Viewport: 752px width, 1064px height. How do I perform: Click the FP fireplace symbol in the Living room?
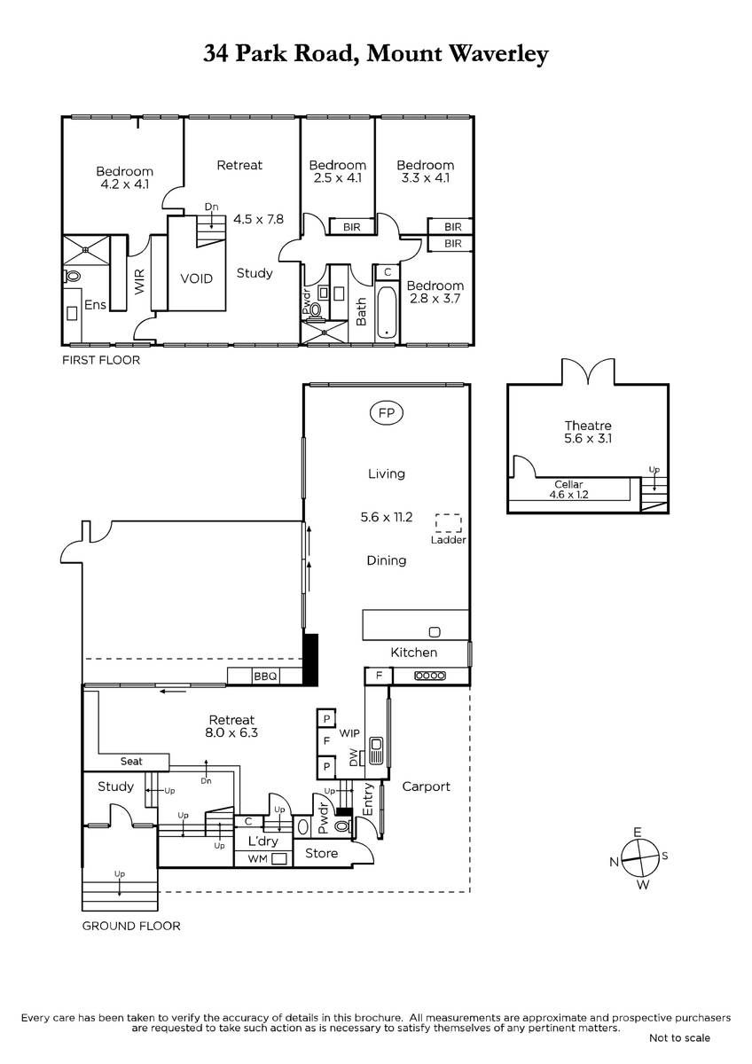pos(387,413)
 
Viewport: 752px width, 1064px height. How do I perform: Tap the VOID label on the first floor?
pos(196,278)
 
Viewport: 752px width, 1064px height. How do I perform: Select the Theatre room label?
pos(588,426)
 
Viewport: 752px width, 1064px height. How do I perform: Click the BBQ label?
pos(265,676)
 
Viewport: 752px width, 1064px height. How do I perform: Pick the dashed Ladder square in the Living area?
pos(449,523)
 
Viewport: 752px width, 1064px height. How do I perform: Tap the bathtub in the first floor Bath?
pos(387,312)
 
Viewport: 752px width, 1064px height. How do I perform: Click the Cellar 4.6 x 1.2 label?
pos(568,489)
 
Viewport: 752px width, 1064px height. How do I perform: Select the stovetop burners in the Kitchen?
pos(430,676)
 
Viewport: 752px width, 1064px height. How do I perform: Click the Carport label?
pos(426,786)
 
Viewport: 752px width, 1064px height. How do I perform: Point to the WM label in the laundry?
pos(258,859)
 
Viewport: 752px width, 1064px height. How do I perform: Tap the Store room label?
pos(321,853)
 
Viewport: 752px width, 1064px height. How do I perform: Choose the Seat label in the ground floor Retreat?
pos(131,762)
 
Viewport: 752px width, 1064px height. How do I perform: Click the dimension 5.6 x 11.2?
pos(387,517)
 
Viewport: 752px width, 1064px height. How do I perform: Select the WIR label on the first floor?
pos(139,281)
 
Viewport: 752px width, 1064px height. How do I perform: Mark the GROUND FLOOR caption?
pos(131,926)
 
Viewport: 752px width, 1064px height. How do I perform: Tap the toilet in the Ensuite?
pos(72,276)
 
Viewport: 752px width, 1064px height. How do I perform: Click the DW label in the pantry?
pos(353,758)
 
